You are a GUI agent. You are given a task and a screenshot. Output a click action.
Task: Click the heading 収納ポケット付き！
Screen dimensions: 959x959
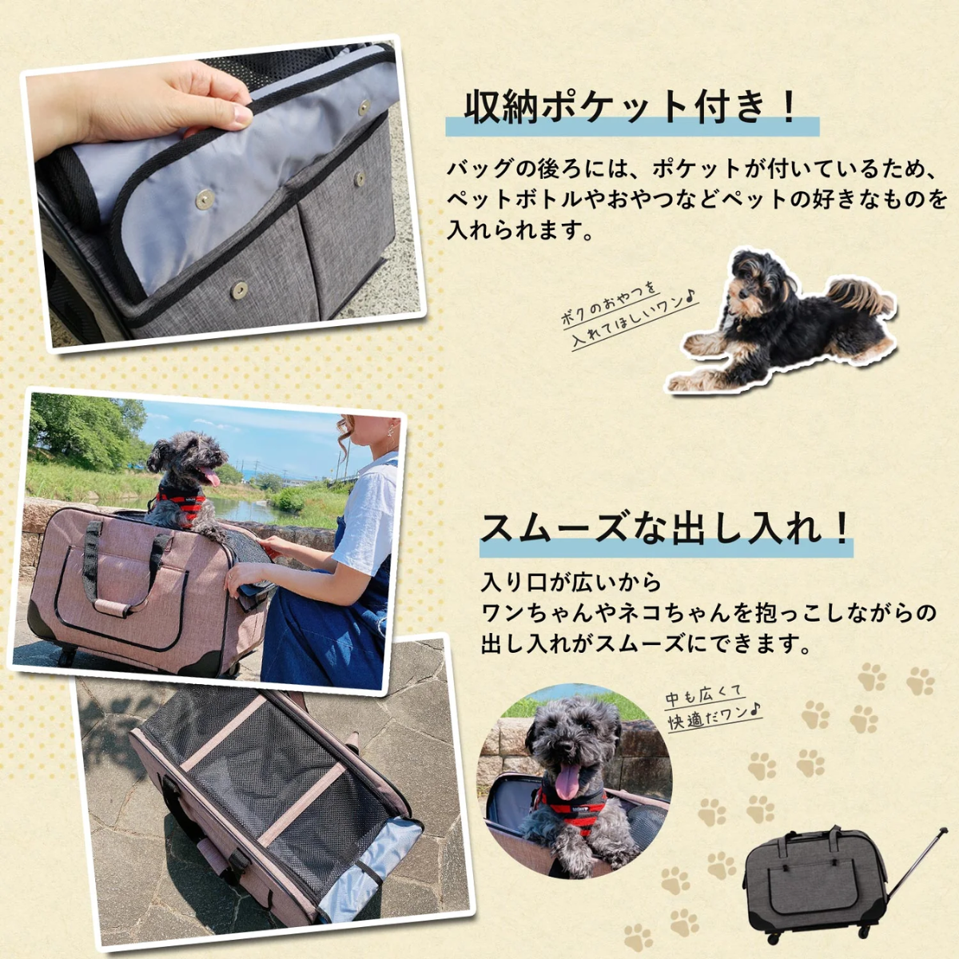click(x=631, y=108)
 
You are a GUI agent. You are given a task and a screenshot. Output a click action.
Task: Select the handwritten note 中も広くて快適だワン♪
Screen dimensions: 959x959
click(x=714, y=706)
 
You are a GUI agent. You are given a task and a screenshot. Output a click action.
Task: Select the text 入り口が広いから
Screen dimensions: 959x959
click(x=571, y=583)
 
